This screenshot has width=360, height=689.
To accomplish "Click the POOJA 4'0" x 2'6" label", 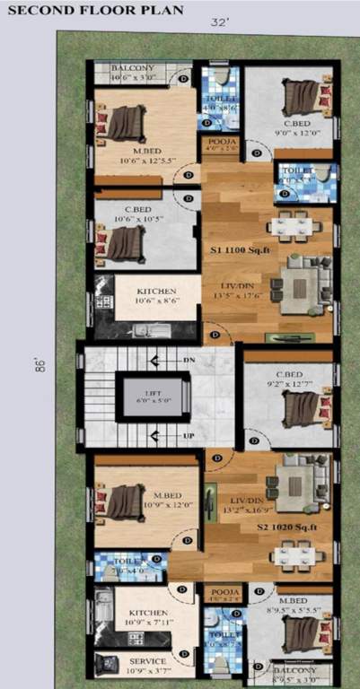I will coord(218,145).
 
